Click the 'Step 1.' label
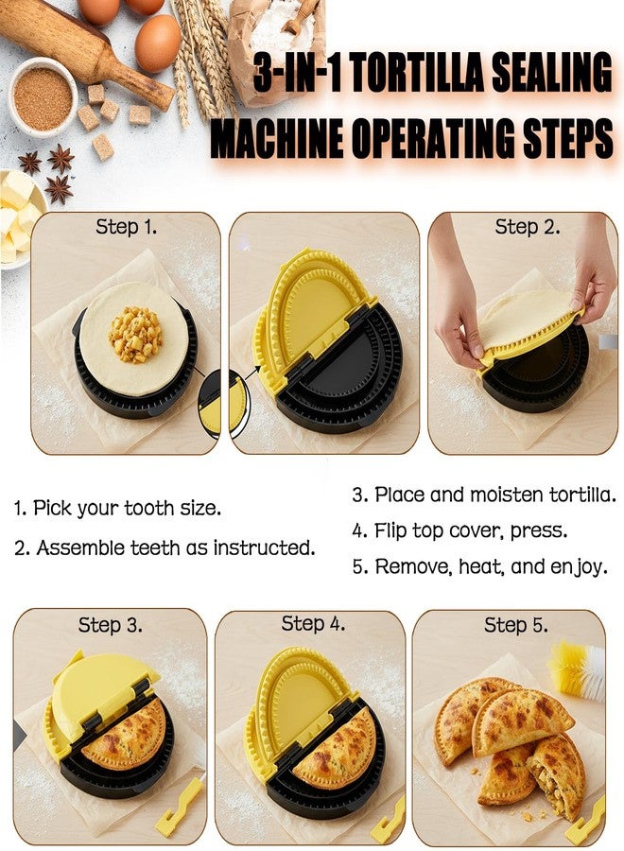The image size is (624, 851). tap(127, 227)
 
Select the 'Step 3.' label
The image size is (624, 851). tap(111, 625)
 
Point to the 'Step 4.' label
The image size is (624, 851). tap(313, 624)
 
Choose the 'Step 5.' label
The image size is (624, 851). tap(516, 625)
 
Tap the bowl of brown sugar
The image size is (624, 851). tap(43, 97)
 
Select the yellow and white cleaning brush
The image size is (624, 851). tap(576, 671)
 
